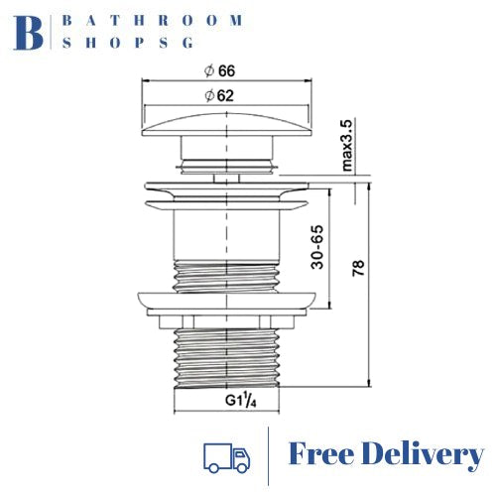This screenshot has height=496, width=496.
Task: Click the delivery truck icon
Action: click(x=225, y=455)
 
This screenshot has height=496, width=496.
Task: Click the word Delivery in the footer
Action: click(x=429, y=455)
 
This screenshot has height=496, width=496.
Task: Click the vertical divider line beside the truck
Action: click(x=269, y=455)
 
